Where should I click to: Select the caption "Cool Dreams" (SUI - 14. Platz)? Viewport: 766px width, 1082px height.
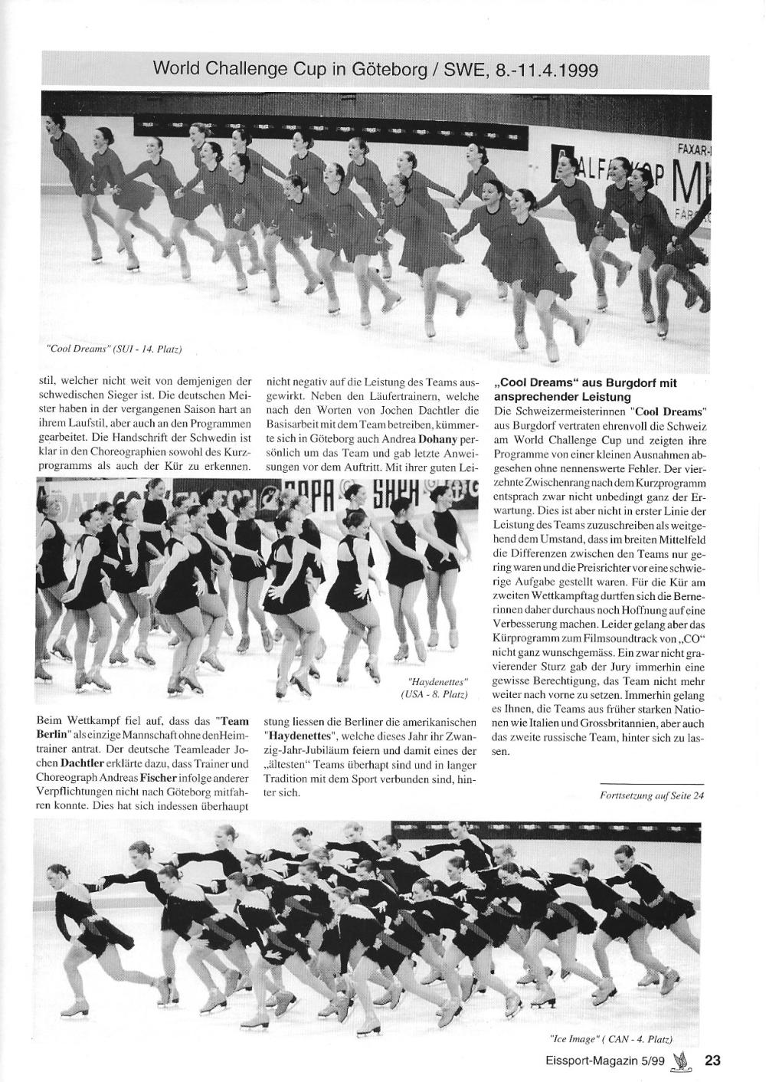point(114,349)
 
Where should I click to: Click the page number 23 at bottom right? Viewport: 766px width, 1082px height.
point(712,1061)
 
